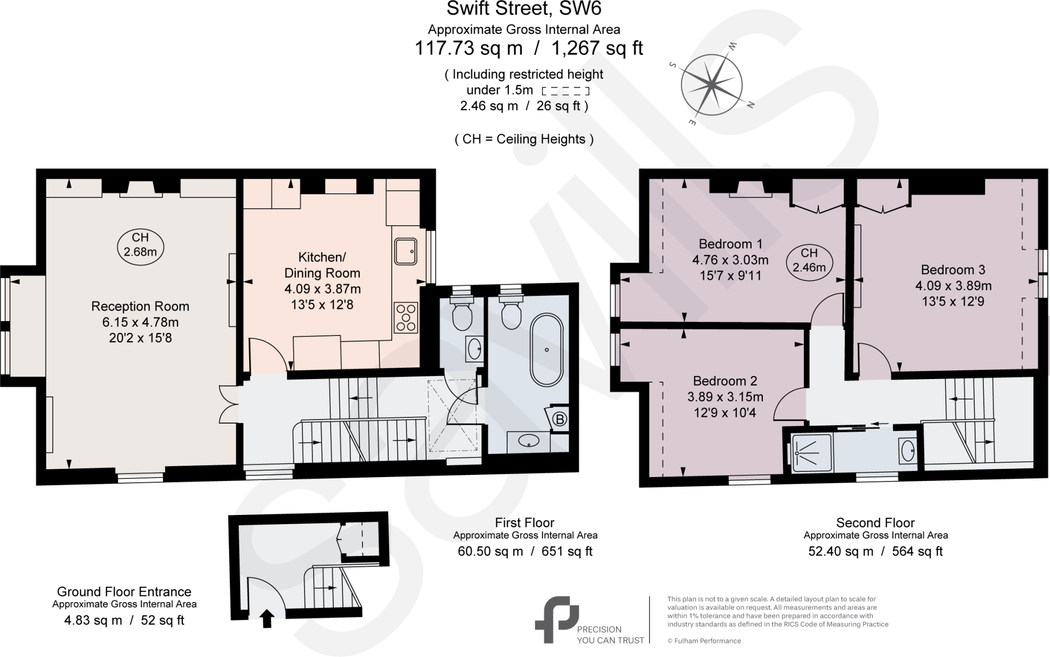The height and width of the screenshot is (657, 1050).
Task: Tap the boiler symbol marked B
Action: (x=560, y=420)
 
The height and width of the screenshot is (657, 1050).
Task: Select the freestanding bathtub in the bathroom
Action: (x=547, y=350)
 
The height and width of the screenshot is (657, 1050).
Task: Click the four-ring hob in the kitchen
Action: (x=406, y=318)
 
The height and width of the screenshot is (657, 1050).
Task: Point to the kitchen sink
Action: (x=406, y=252)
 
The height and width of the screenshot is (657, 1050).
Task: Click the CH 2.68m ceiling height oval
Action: (x=140, y=245)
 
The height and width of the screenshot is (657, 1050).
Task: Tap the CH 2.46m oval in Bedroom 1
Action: (x=809, y=260)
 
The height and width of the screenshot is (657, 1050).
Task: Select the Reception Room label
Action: (x=140, y=306)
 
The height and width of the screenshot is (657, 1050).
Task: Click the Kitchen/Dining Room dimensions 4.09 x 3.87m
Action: (x=322, y=289)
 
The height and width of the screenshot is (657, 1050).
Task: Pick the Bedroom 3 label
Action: (x=953, y=270)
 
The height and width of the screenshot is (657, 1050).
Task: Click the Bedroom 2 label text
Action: (x=725, y=381)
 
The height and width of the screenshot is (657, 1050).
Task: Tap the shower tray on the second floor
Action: (x=812, y=452)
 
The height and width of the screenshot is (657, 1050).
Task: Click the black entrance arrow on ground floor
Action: (x=267, y=619)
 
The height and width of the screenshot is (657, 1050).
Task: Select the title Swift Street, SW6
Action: (x=523, y=9)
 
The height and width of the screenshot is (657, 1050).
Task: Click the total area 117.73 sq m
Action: (x=468, y=48)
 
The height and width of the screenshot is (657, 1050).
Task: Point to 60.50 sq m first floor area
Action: (x=490, y=551)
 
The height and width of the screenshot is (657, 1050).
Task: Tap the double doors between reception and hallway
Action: (x=228, y=404)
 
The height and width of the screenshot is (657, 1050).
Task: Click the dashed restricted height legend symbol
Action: (x=565, y=91)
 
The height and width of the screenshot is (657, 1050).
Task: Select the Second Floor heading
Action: (x=875, y=523)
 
